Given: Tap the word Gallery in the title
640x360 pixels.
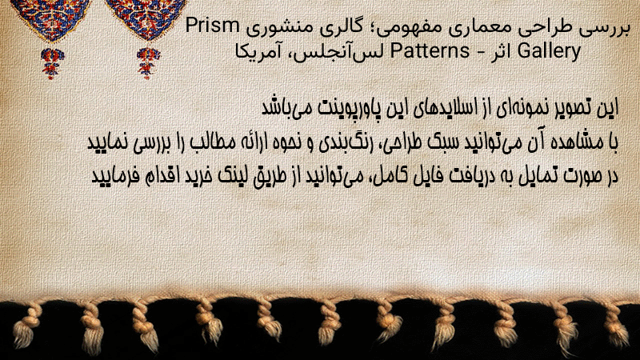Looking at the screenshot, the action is coord(549,52).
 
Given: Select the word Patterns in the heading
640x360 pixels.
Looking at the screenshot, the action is coord(430,51).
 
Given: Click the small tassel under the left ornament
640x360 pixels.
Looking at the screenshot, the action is coord(51,63).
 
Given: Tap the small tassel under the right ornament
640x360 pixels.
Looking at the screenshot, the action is coord(148,63).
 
